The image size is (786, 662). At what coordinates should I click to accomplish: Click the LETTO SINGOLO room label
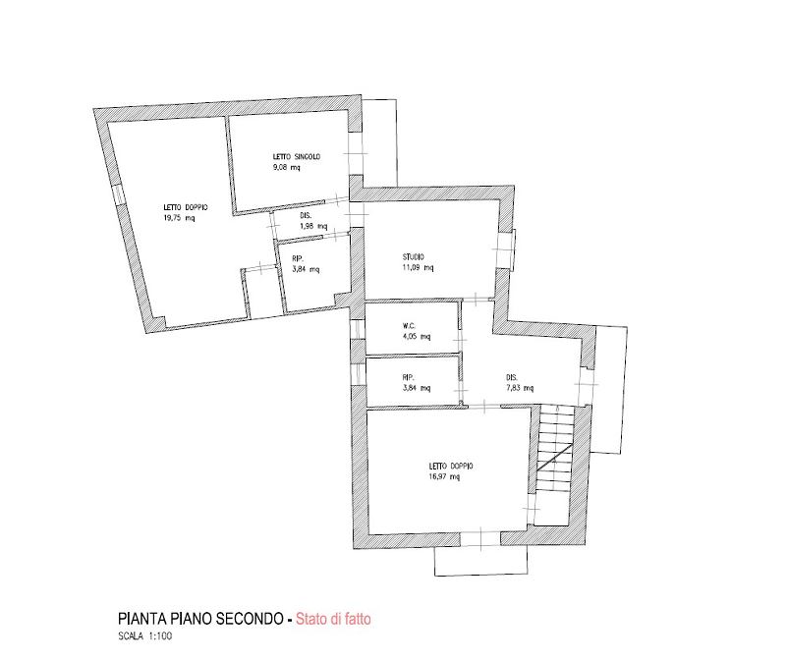[x=297, y=156]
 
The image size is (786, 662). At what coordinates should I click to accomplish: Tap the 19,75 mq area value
[x=179, y=218]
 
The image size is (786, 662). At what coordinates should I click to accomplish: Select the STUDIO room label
[x=413, y=256]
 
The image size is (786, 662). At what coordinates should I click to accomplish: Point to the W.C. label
[x=409, y=326]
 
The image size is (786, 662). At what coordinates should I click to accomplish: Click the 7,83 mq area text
[x=520, y=388]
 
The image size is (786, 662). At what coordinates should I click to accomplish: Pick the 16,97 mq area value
[x=444, y=476]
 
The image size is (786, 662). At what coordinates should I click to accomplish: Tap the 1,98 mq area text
[x=313, y=226]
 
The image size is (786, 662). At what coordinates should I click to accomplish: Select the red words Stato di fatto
[x=333, y=619]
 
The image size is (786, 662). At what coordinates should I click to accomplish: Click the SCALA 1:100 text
[x=144, y=635]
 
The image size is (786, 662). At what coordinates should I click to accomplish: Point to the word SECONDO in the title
[x=250, y=619]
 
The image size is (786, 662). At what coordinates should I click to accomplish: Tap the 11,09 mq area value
[x=419, y=267]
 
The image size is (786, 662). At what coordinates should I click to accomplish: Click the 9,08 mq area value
[x=286, y=167]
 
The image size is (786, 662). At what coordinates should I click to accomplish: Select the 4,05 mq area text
[x=417, y=336]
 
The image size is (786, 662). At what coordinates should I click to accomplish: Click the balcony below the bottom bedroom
[x=480, y=560]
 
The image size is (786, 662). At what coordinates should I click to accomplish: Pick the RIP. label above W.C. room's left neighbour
[x=298, y=258]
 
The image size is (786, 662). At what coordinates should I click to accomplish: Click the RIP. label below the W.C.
[x=408, y=377]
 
